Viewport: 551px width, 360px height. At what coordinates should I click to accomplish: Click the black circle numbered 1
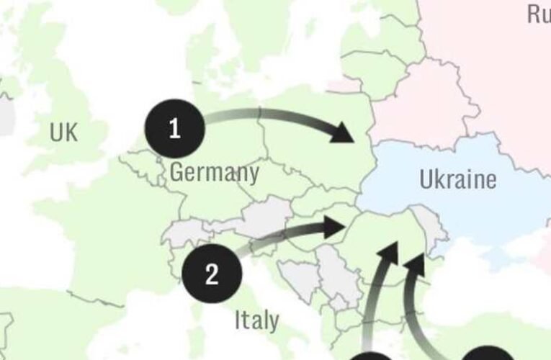(x=174, y=128)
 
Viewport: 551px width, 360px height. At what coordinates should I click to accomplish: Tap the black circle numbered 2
(x=211, y=274)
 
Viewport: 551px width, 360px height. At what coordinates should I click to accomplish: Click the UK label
(x=64, y=132)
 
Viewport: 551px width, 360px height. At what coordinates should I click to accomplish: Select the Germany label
(x=214, y=173)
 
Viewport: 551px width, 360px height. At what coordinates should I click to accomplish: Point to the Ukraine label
(x=457, y=179)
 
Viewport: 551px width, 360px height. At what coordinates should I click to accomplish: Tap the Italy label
(x=256, y=320)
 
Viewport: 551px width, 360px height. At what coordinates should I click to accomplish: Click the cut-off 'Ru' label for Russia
(x=538, y=14)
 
